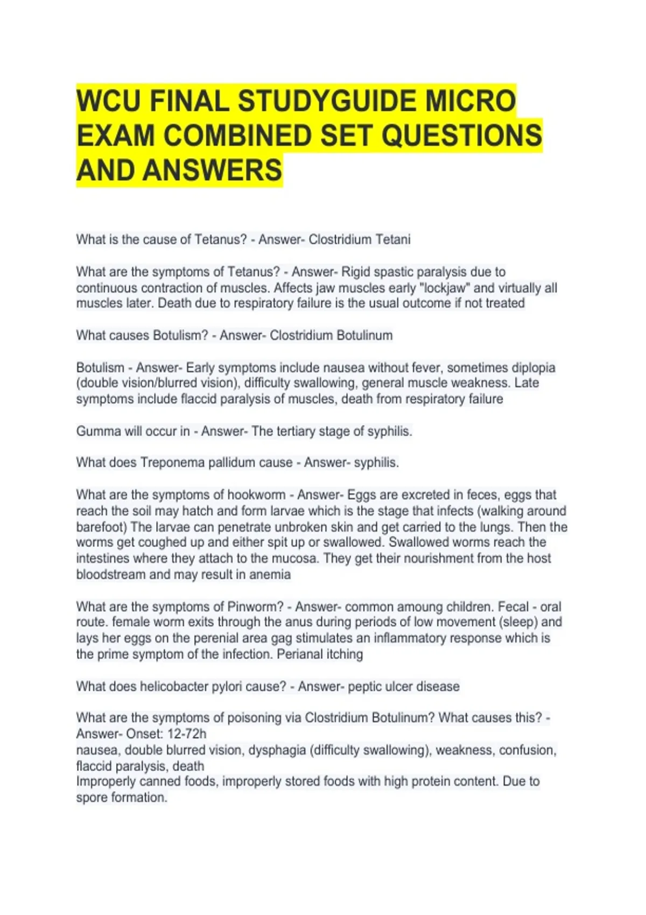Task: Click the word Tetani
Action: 391,240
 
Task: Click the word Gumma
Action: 99,431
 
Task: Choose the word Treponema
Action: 173,462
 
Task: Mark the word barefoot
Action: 100,527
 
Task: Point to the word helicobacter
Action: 172,686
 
